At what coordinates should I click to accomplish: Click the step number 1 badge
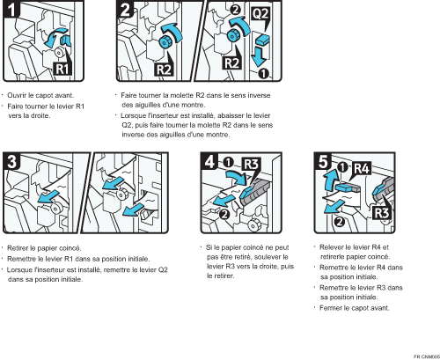11,9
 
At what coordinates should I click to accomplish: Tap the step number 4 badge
209,161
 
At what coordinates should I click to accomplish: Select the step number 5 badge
323,161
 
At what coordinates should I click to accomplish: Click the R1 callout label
62,70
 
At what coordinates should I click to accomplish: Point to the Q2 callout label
260,13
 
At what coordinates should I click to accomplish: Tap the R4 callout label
362,168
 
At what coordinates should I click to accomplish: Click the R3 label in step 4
251,165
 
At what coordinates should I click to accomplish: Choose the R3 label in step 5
381,213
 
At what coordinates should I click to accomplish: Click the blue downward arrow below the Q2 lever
259,57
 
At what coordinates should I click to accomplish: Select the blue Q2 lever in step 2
263,40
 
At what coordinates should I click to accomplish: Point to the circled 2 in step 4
224,214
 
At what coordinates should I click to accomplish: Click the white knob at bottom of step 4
253,225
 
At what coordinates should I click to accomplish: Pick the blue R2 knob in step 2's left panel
165,42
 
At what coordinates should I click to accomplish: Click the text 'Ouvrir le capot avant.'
40,95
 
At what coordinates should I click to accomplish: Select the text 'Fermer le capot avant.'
355,308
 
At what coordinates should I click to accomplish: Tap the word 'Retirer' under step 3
18,248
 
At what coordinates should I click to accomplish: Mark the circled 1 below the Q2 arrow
264,74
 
